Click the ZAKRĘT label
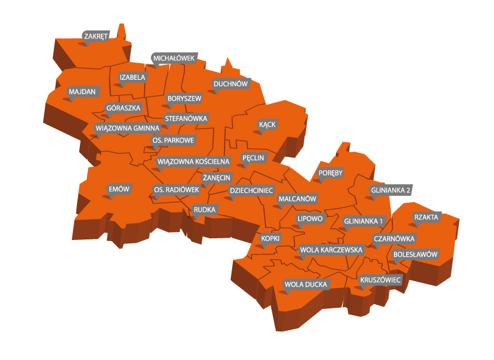[x=95, y=37]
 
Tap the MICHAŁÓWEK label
[x=175, y=58]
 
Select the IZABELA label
[x=132, y=77]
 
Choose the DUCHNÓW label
[x=230, y=84]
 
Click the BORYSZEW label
[x=184, y=99]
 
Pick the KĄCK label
[x=267, y=124]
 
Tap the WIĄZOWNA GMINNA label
[x=128, y=128]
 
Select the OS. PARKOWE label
[x=173, y=140]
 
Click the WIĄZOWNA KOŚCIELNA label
[x=194, y=162]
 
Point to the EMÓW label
[x=120, y=189]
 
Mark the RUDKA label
[x=204, y=210]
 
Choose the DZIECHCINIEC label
[x=252, y=189]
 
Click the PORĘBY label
[x=330, y=173]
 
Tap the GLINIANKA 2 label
[x=391, y=189]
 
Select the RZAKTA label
[x=426, y=217]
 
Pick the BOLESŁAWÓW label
[x=415, y=254]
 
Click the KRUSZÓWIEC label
[x=380, y=280]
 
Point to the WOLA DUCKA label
[x=306, y=284]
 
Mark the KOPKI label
[x=270, y=238]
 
